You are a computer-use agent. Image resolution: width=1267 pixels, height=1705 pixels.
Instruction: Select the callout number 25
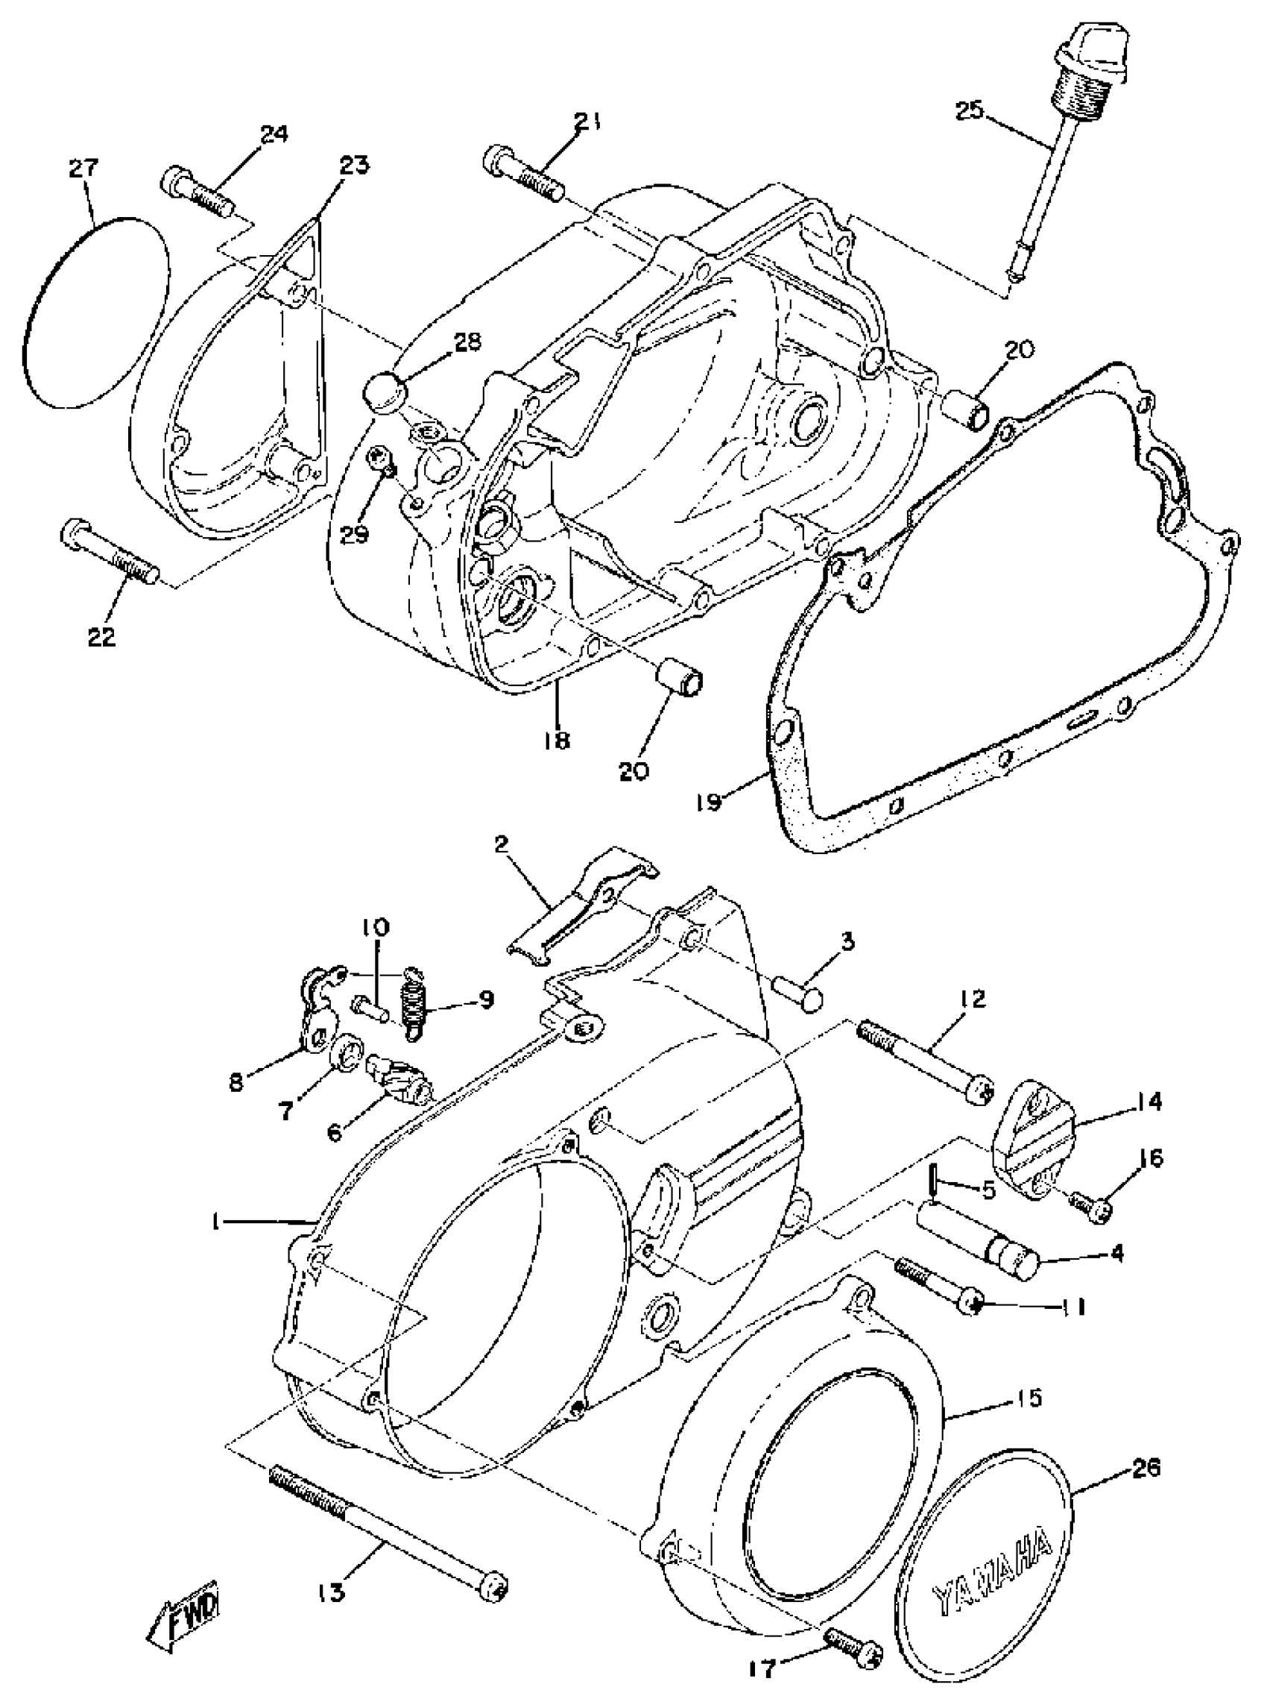click(970, 111)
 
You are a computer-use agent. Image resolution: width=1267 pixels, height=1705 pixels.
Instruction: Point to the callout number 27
click(84, 168)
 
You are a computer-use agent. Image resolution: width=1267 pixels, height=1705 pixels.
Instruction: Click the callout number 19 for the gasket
click(710, 805)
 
